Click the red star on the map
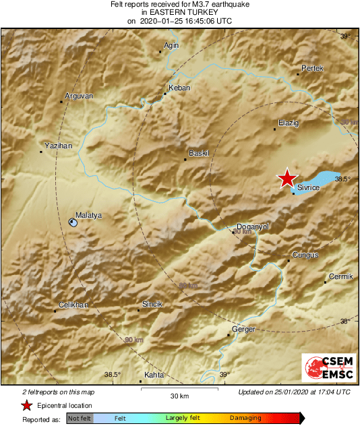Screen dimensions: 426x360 (x=287, y=178)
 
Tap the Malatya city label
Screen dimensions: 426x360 (x=88, y=215)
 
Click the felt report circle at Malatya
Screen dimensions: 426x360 (x=73, y=222)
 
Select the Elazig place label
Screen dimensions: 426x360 (x=288, y=123)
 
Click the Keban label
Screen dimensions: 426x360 (x=179, y=88)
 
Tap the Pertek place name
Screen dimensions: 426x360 (x=312, y=69)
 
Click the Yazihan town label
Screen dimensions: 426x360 (x=57, y=146)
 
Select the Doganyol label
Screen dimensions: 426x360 (x=253, y=227)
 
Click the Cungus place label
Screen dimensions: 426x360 (x=305, y=255)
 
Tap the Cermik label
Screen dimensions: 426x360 (x=340, y=277)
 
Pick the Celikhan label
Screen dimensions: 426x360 (x=73, y=305)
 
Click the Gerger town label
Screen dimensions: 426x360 (x=244, y=329)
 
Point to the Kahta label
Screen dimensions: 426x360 (x=154, y=375)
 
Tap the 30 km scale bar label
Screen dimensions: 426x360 (x=179, y=395)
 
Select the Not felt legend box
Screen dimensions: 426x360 (x=79, y=419)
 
